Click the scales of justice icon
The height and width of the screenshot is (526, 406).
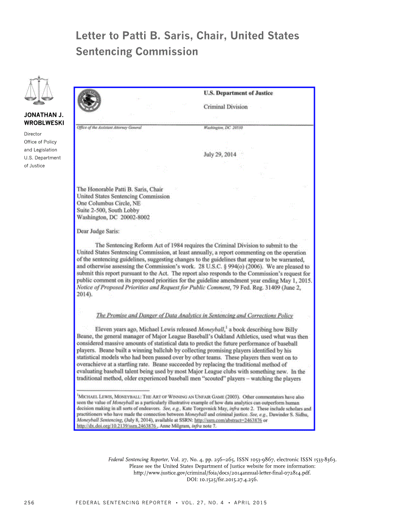pyautogui.click(x=39, y=90)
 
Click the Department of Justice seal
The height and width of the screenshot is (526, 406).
pyautogui.click(x=88, y=101)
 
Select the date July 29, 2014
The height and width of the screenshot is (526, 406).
pyautogui.click(x=220, y=155)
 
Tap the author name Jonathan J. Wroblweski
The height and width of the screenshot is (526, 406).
pyautogui.click(x=43, y=118)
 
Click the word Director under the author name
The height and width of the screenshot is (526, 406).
pyautogui.click(x=33, y=134)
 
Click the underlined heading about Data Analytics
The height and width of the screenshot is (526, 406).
pyautogui.click(x=195, y=315)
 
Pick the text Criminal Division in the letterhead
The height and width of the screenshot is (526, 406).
pyautogui.click(x=226, y=107)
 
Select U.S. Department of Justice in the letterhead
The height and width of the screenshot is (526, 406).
pyautogui.click(x=238, y=93)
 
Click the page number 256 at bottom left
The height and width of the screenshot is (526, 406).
pyautogui.click(x=29, y=503)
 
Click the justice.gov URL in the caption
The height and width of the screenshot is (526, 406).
pyautogui.click(x=222, y=472)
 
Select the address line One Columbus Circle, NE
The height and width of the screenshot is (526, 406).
pyautogui.click(x=109, y=203)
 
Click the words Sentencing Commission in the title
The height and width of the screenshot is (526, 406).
pyautogui.click(x=137, y=51)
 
